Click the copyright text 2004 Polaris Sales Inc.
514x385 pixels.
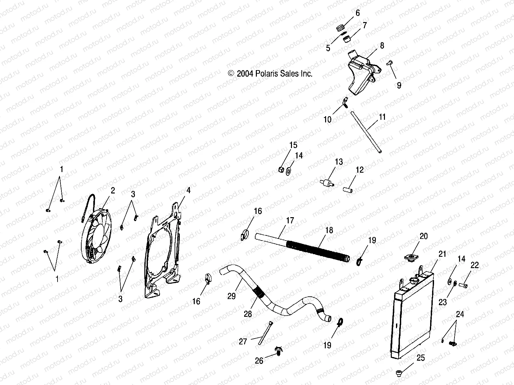point(270,74)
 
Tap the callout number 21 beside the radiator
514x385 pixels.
point(442,254)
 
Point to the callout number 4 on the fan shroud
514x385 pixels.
point(188,190)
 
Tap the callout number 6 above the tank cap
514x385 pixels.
point(358,13)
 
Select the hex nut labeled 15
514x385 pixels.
point(282,169)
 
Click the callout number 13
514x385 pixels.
point(339,162)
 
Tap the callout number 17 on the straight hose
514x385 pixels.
point(290,221)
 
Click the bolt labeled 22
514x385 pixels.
point(463,286)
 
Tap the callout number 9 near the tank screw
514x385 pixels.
point(399,85)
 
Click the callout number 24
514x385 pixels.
point(460,314)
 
